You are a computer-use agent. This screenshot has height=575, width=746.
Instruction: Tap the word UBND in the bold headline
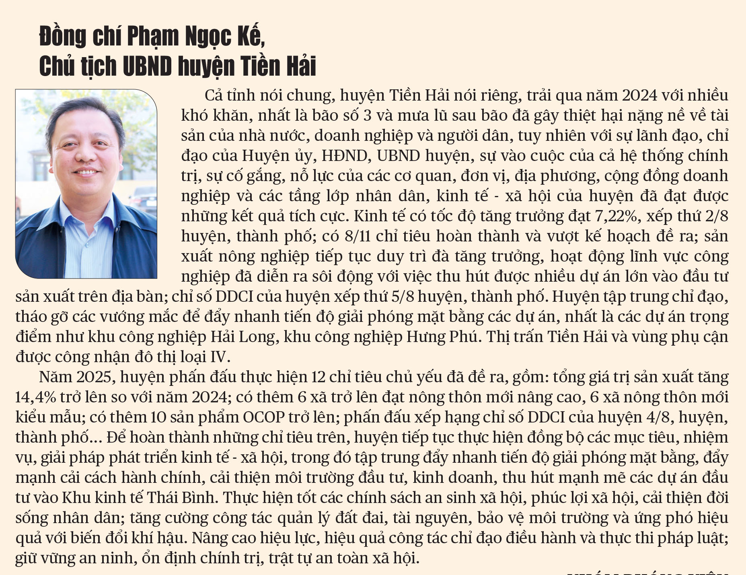click(147, 66)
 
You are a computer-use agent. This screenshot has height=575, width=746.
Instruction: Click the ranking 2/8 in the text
click(717, 216)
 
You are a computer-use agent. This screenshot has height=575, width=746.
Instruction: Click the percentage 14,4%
click(35, 397)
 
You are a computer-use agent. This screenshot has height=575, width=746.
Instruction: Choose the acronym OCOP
click(264, 417)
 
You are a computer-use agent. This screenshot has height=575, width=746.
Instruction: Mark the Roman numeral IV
click(219, 357)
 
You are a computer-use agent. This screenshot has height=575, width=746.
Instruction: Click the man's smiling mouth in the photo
click(86, 172)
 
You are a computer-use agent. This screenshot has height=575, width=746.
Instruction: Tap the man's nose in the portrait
click(86, 155)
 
